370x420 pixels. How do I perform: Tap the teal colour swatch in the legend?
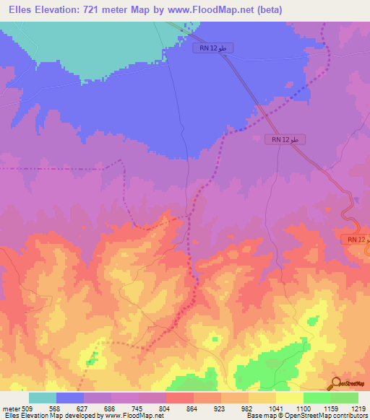click(43, 397)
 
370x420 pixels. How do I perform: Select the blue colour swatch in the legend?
click(70, 397)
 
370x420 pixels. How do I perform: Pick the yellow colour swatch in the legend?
click(290, 397)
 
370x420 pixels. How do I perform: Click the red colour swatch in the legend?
click(180, 397)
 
